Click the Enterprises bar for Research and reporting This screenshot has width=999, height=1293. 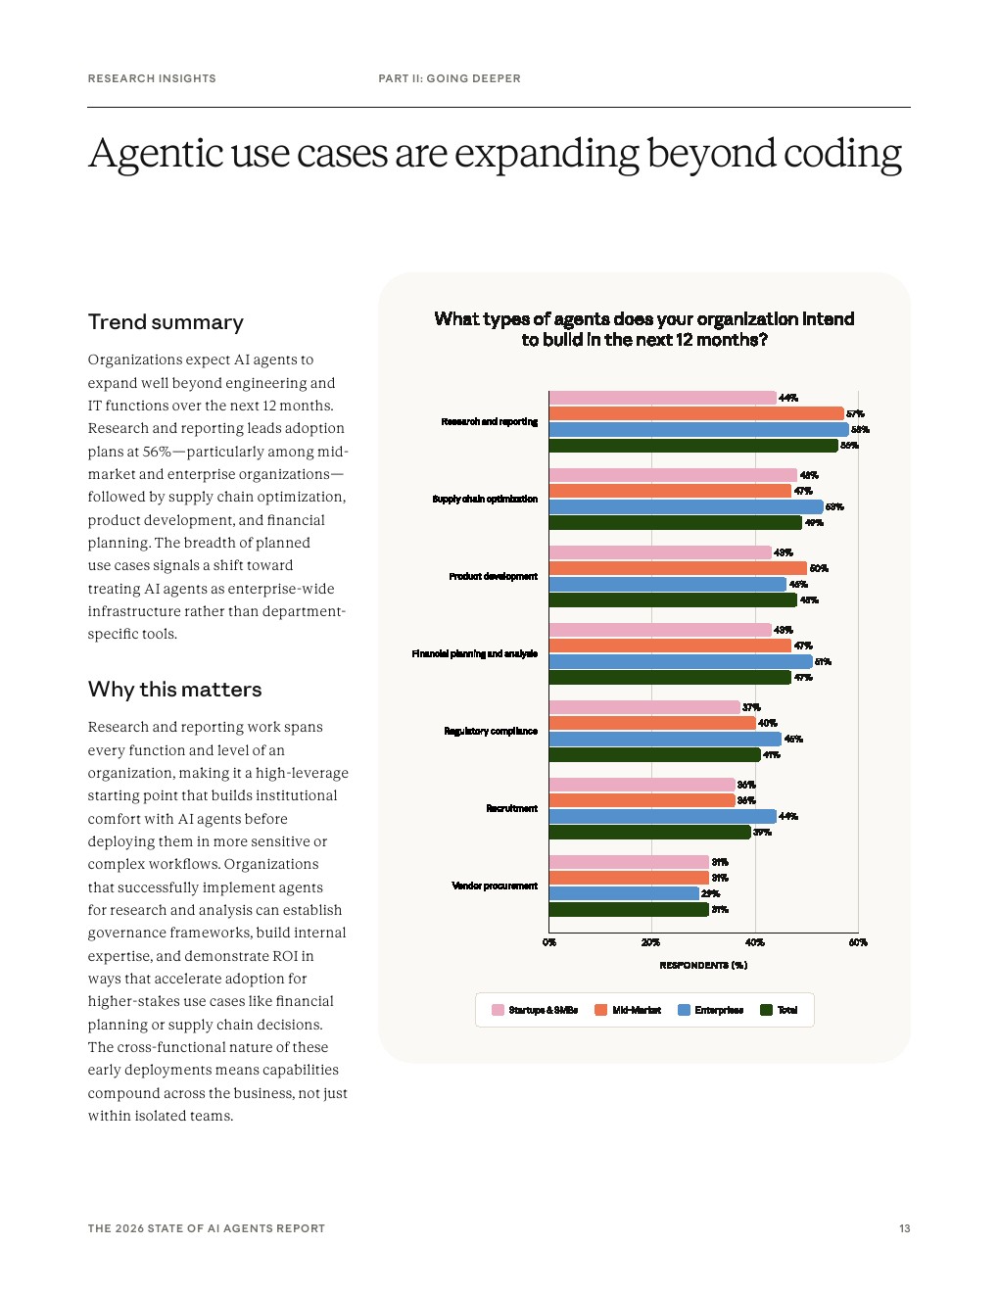(x=698, y=429)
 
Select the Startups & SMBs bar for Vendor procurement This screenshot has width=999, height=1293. (x=629, y=862)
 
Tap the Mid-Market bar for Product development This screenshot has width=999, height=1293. (x=678, y=568)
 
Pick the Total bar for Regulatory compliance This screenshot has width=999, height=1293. (x=654, y=754)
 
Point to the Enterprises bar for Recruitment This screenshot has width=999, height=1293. (x=662, y=816)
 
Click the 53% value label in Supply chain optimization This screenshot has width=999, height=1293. (x=834, y=506)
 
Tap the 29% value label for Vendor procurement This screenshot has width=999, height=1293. (x=710, y=893)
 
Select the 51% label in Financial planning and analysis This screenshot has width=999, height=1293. (x=823, y=661)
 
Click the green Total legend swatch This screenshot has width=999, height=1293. (x=767, y=1010)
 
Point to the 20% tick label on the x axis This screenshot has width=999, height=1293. (x=650, y=942)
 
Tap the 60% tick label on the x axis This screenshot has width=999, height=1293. (x=858, y=942)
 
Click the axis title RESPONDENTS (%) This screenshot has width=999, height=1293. (x=703, y=965)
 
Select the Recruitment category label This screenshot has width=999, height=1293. (x=511, y=808)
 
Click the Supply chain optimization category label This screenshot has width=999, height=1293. (x=485, y=499)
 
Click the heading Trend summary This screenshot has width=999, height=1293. (x=166, y=322)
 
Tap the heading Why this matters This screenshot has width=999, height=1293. (x=174, y=690)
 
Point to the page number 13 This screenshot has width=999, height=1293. (x=904, y=1228)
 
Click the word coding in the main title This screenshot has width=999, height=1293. (x=837, y=155)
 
